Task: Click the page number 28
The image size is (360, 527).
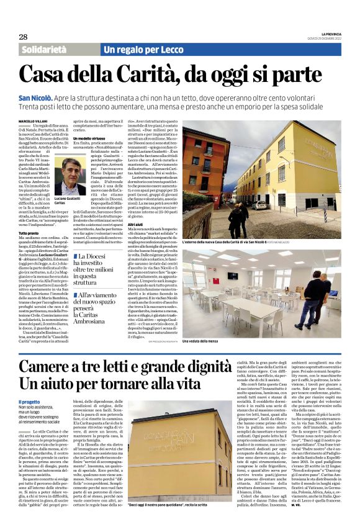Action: (x=23, y=37)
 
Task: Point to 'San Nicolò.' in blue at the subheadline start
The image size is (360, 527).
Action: (x=35, y=99)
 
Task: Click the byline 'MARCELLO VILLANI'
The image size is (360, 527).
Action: (x=35, y=120)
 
